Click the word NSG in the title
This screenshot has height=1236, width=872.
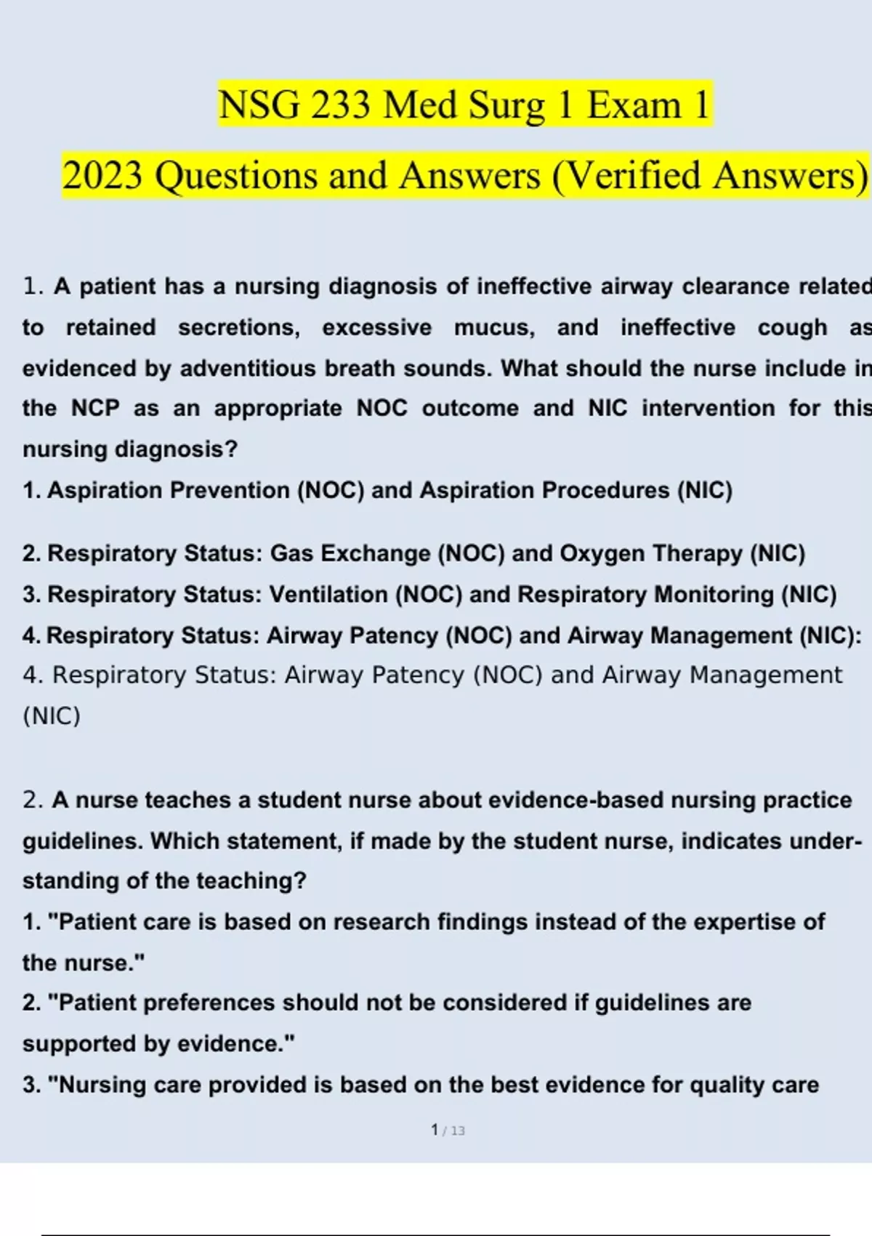[259, 105]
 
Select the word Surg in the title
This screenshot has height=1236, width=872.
[506, 106]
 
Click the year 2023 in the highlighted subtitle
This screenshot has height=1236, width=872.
[102, 176]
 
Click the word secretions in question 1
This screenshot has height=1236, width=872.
[239, 328]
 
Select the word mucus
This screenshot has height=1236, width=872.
[494, 328]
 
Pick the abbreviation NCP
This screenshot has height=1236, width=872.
[95, 409]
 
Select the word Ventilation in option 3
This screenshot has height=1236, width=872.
[328, 595]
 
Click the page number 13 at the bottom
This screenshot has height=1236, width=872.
[457, 1131]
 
